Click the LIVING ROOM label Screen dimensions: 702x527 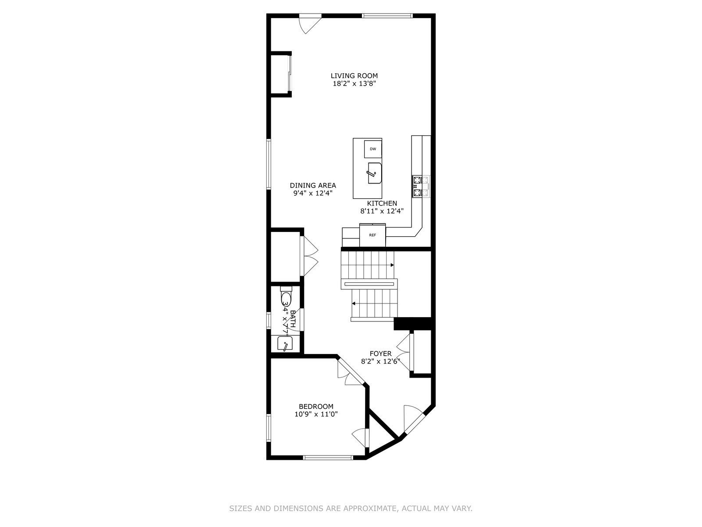354,76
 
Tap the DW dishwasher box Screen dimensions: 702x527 373,149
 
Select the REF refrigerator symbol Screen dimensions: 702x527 372,235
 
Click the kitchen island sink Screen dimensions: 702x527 375,173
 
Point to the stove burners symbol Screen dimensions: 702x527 421,187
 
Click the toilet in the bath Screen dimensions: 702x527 286,296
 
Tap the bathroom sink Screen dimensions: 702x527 285,343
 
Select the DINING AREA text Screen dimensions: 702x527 313,185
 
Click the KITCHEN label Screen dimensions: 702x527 382,203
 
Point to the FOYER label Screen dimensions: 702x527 380,354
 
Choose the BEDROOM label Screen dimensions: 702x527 316,406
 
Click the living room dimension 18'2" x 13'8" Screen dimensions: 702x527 354,84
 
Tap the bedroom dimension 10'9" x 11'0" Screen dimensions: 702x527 316,415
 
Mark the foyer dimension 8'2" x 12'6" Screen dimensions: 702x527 380,361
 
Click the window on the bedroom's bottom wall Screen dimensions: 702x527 328,458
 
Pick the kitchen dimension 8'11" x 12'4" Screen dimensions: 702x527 382,211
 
